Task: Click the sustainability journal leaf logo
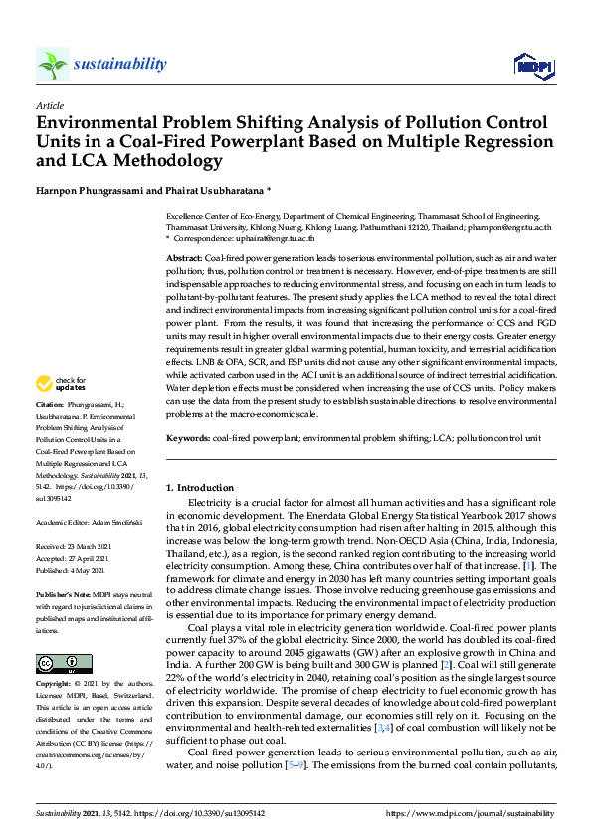pyautogui.click(x=52, y=64)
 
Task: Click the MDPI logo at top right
pyautogui.click(x=532, y=66)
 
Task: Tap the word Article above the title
pyautogui.click(x=49, y=106)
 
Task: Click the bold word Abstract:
pyautogui.click(x=184, y=257)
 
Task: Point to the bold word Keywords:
pyautogui.click(x=187, y=438)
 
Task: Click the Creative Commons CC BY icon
pyautogui.click(x=50, y=662)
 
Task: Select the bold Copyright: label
pyautogui.click(x=54, y=684)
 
